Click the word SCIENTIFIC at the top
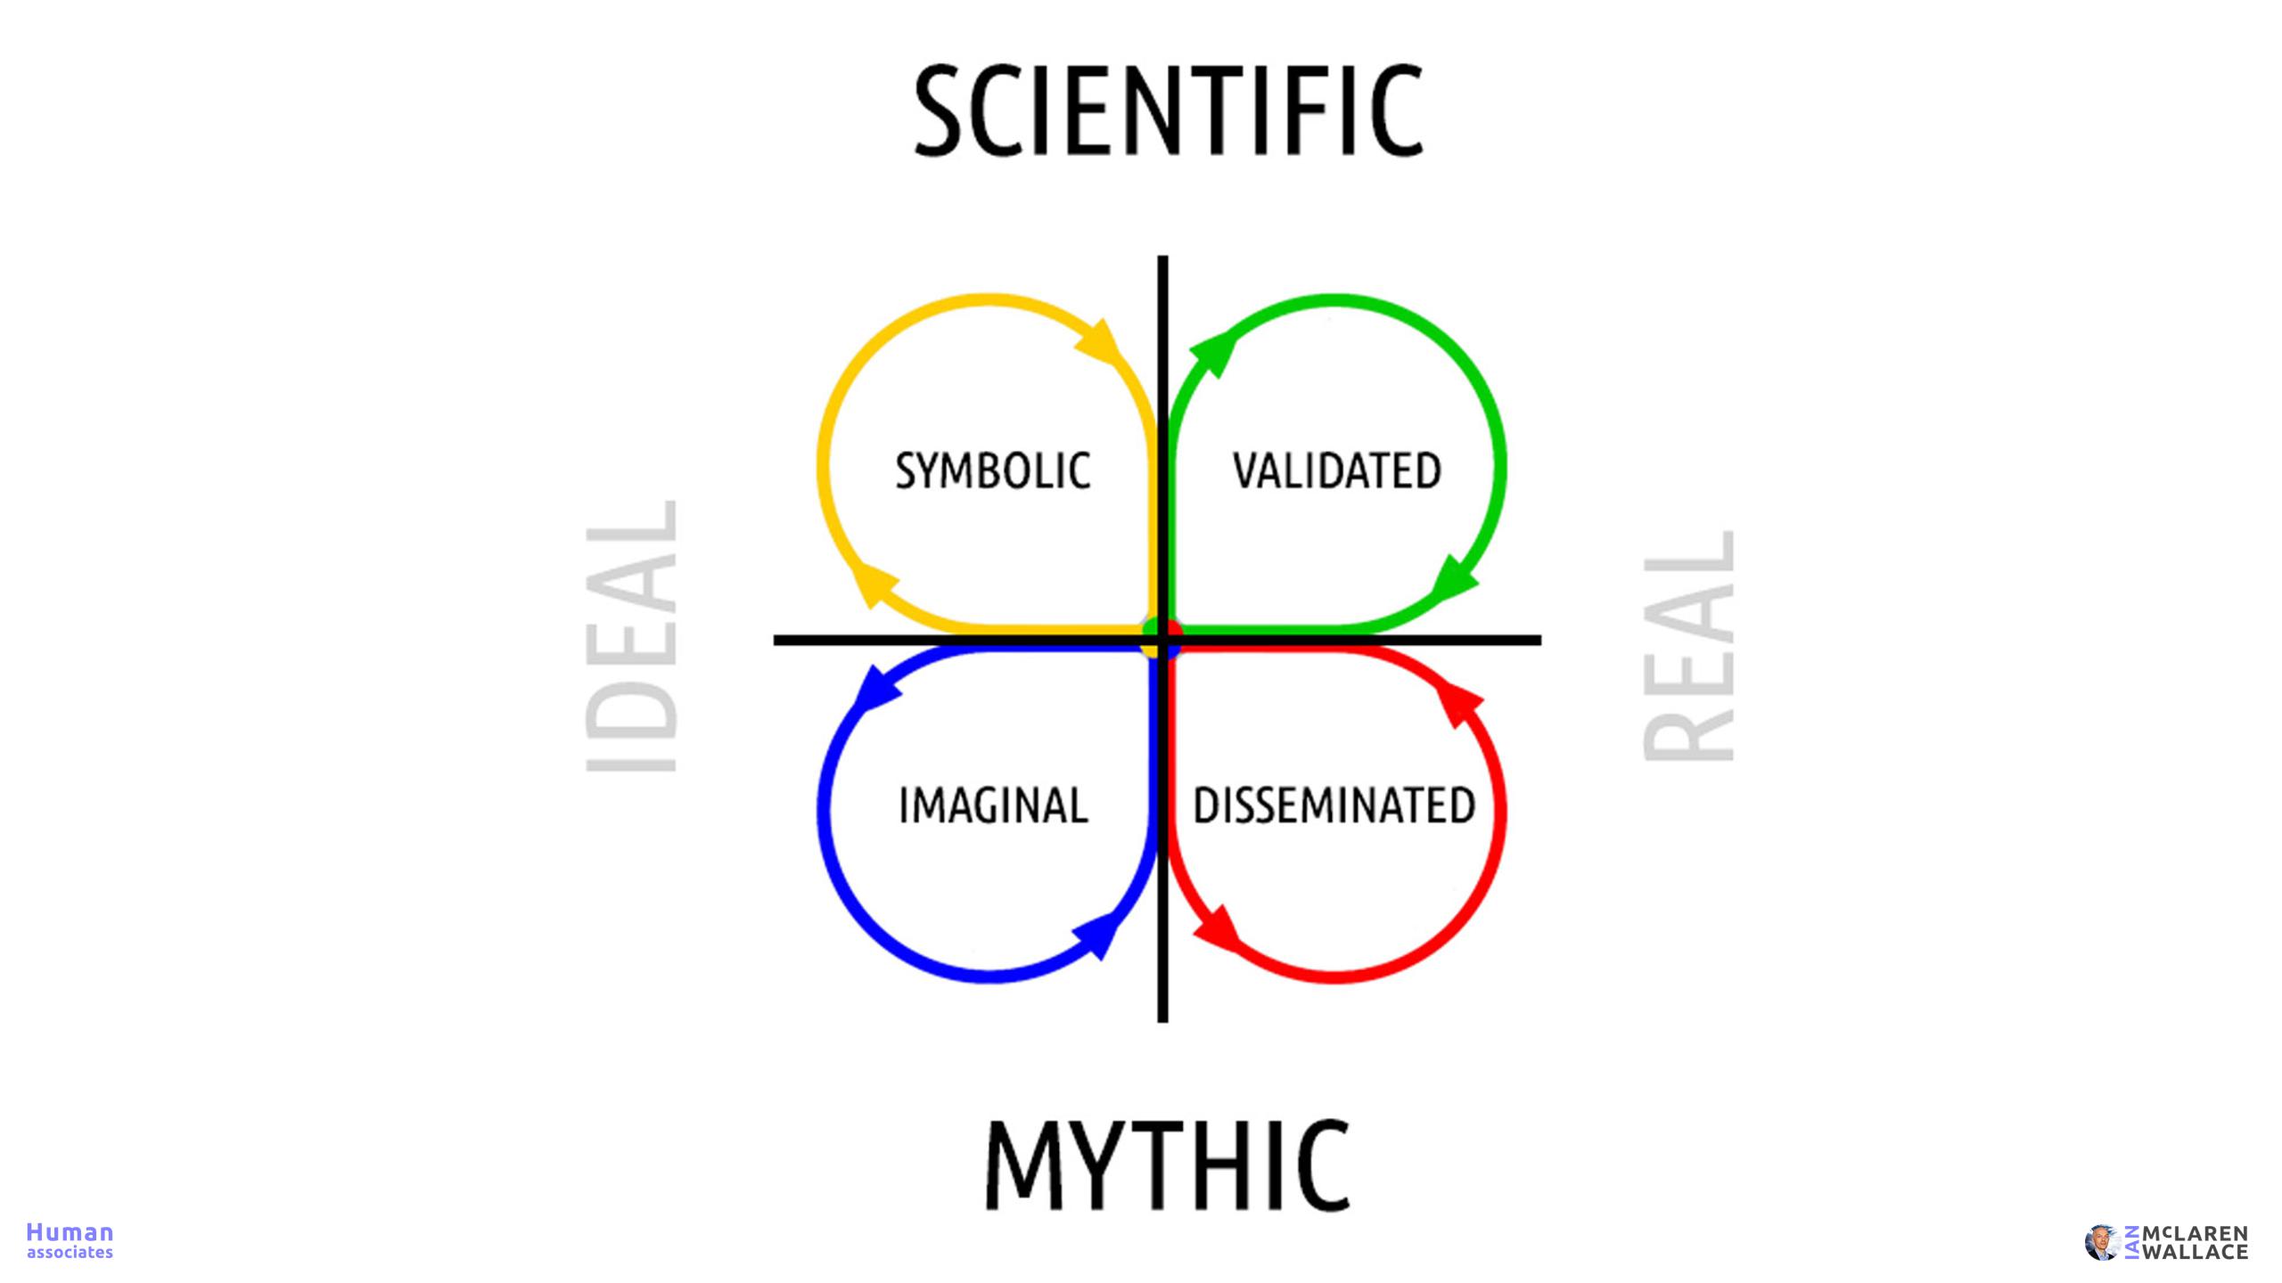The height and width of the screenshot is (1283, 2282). (x=1169, y=110)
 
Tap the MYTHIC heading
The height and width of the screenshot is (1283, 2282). (x=1168, y=1165)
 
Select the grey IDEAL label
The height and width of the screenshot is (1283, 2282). (x=631, y=636)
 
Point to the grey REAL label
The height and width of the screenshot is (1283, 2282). (x=1688, y=646)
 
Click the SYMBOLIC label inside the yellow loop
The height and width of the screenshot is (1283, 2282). (x=993, y=470)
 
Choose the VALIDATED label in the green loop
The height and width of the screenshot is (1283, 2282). (x=1337, y=470)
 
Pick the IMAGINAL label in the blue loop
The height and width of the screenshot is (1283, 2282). (x=993, y=805)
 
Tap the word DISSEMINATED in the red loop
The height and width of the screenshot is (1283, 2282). (x=1334, y=805)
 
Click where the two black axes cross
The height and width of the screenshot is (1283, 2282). (x=1162, y=640)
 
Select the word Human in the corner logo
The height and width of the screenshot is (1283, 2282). (x=70, y=1232)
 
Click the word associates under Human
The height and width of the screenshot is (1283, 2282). (x=70, y=1253)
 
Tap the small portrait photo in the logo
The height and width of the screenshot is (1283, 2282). (x=2101, y=1243)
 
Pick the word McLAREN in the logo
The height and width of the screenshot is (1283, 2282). (x=2194, y=1234)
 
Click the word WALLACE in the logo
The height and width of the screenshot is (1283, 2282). (x=2194, y=1253)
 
